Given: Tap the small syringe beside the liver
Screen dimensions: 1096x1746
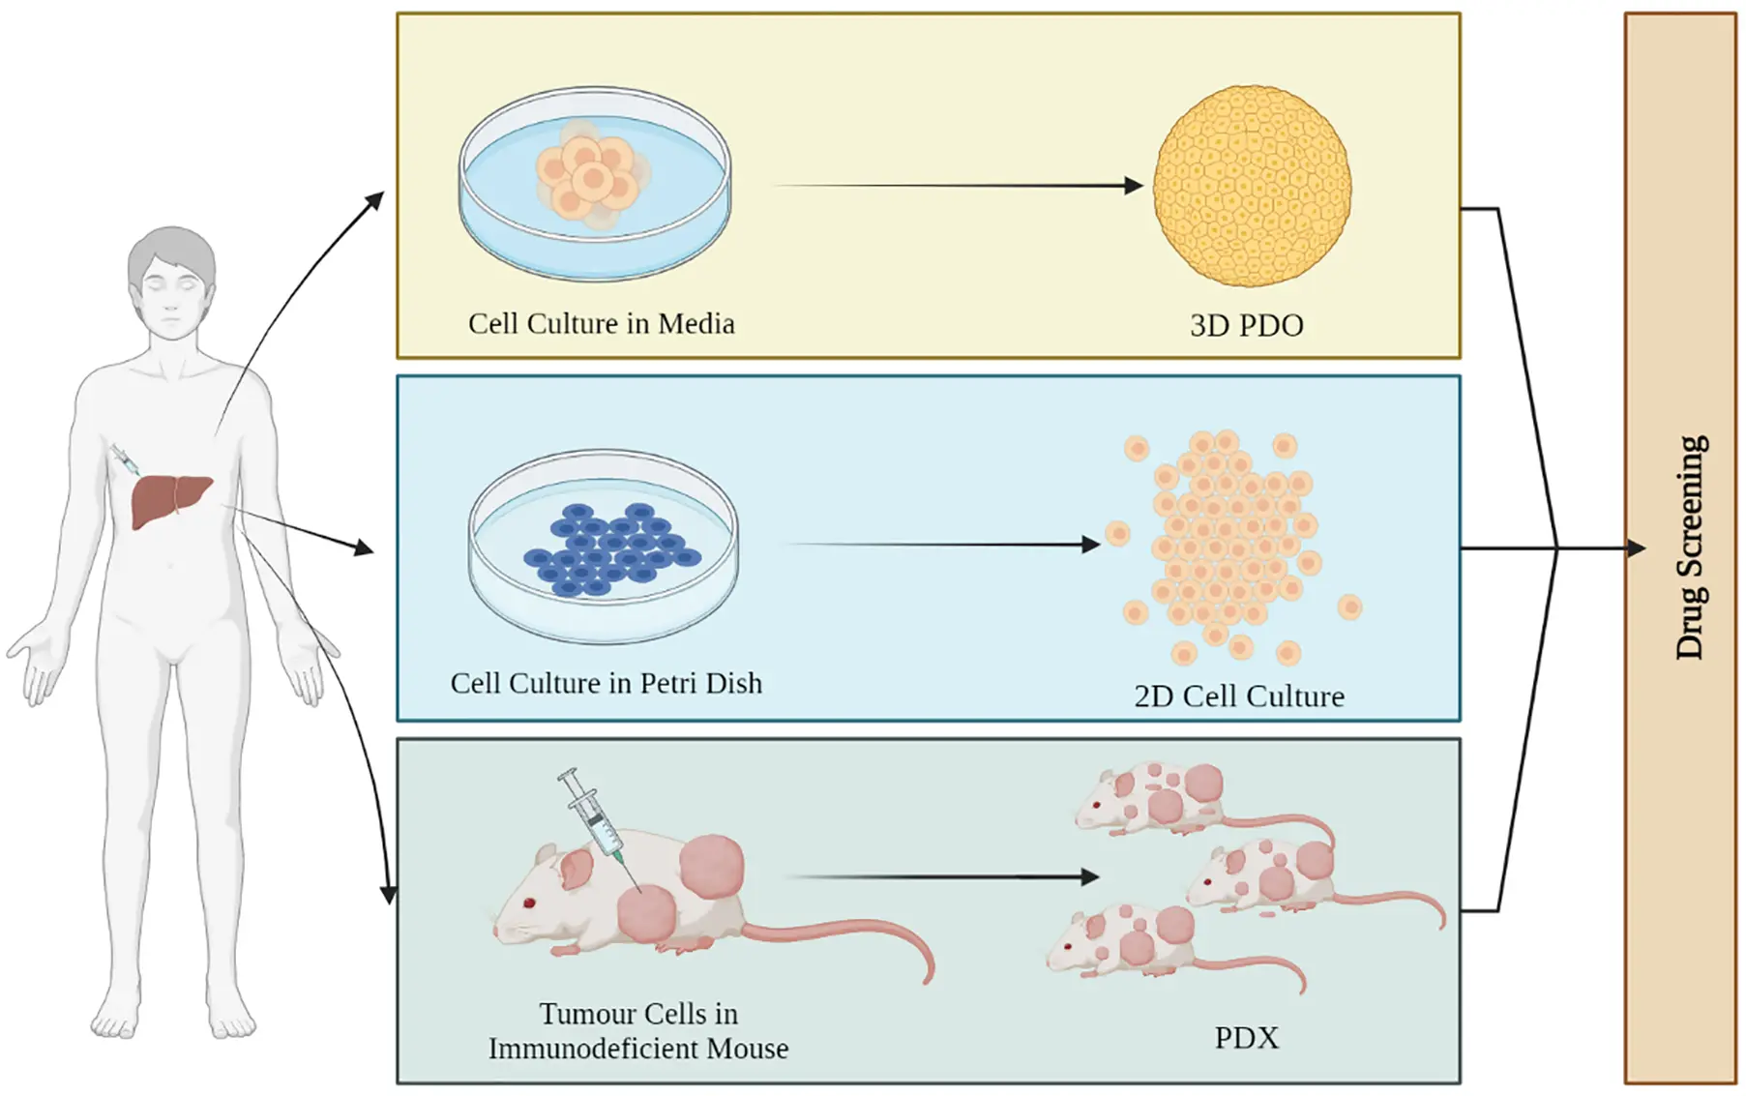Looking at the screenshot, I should [125, 459].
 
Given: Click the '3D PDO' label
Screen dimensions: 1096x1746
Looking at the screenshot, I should [1246, 326].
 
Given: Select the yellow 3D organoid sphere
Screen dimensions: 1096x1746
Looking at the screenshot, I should [1252, 186].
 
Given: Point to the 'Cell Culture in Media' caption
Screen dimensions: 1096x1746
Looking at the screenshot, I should [601, 323].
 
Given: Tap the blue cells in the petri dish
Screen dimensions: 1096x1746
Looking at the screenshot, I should [609, 549].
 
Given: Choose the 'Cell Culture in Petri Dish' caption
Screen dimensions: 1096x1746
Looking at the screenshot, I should [606, 683].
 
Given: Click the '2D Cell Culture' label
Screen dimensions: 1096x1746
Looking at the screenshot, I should [1238, 696].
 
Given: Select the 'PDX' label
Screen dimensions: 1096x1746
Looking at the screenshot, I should [1246, 1038].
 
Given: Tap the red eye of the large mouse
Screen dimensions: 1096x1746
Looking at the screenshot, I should [529, 903].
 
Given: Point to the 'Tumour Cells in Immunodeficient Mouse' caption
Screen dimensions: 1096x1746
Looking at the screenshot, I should [638, 1031].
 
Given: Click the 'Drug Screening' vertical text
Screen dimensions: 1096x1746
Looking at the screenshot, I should [1690, 548].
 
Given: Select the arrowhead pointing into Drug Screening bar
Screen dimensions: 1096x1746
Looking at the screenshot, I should [1635, 548].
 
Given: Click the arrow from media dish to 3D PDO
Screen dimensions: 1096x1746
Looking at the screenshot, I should [958, 186].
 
